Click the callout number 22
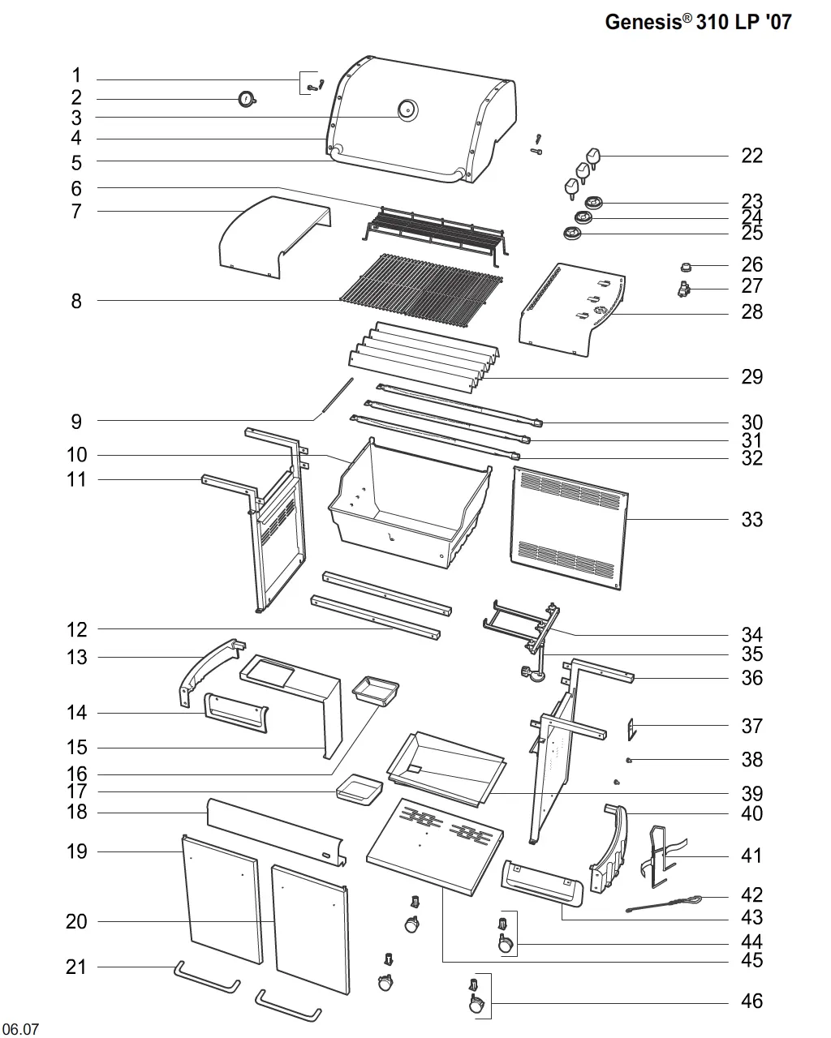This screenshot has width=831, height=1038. tap(751, 156)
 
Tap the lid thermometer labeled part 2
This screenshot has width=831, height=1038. tap(247, 100)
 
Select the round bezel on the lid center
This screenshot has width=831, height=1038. tap(407, 110)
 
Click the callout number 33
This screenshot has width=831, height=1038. tap(751, 520)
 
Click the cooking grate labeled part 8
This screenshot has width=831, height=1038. tap(421, 290)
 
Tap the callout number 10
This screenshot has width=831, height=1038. tap(76, 455)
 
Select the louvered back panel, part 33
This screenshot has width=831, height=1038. tap(570, 528)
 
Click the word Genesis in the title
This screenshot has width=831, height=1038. tap(644, 22)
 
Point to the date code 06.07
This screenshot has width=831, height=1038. tap(20, 1029)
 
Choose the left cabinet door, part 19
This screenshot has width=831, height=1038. tap(222, 899)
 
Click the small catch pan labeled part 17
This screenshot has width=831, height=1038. tap(360, 790)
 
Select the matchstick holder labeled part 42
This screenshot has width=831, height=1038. tap(662, 904)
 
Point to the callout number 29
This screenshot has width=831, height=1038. tap(751, 377)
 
